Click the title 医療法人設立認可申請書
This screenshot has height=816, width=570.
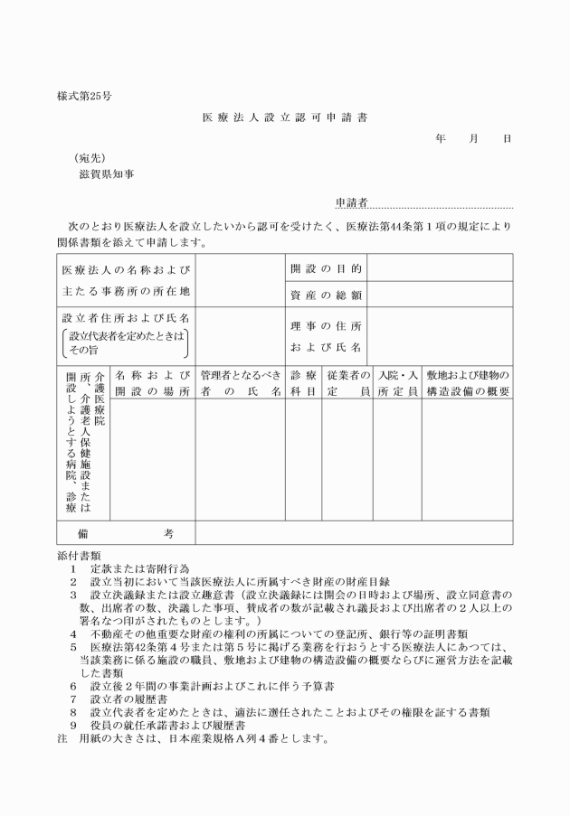286,117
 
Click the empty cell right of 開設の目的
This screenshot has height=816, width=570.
440,269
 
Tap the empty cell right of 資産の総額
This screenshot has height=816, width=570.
440,295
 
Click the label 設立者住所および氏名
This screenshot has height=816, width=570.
125,319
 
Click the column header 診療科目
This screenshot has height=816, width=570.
303,382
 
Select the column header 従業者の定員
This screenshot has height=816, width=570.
348,382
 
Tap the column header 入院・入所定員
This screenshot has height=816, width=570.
397,382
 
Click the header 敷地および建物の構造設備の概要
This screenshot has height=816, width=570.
468,382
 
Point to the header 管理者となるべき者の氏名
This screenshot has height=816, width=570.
241,382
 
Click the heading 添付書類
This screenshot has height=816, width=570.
78,555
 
